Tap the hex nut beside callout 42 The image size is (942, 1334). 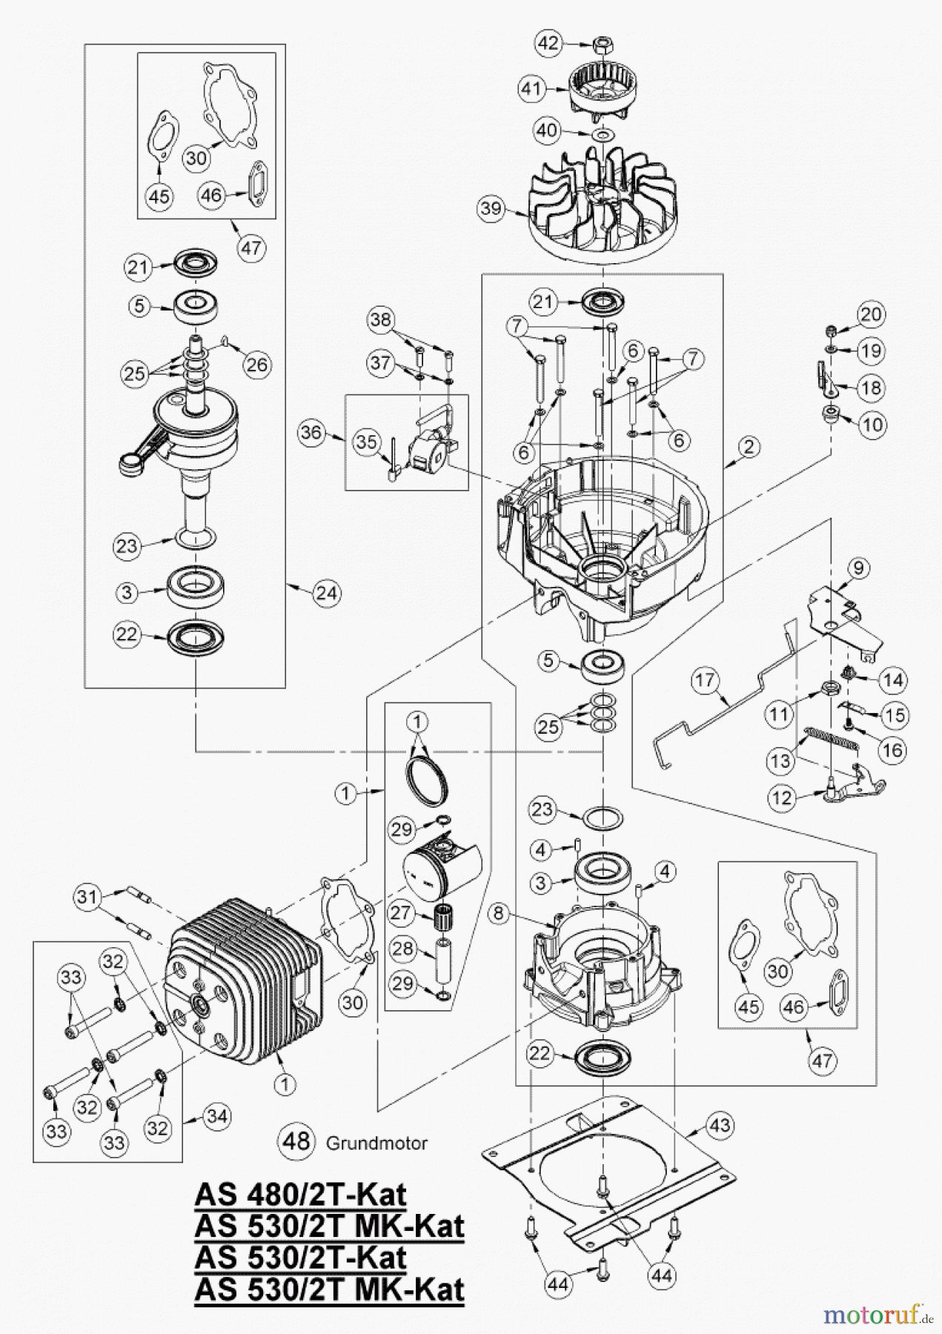(600, 46)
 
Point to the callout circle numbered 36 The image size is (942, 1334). (312, 432)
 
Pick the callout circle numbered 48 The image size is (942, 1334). (296, 1141)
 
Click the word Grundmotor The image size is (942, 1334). (377, 1143)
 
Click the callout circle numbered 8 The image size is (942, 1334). (498, 914)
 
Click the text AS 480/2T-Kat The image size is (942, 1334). (300, 1195)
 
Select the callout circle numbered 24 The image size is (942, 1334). (327, 593)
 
